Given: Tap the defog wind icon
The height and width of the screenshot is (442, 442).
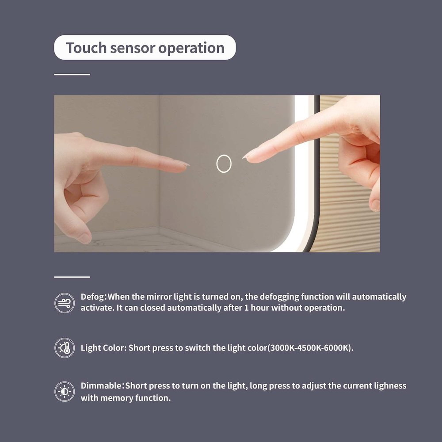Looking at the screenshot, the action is pyautogui.click(x=65, y=303).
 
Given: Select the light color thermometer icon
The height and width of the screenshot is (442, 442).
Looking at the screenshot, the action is pyautogui.click(x=65, y=348).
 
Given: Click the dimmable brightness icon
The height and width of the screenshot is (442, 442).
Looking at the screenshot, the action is pyautogui.click(x=65, y=392).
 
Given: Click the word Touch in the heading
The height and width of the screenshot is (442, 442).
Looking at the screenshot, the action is pyautogui.click(x=86, y=48).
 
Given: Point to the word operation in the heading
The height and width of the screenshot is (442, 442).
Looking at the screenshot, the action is pyautogui.click(x=191, y=48).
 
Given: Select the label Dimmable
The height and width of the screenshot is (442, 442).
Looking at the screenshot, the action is pyautogui.click(x=101, y=385).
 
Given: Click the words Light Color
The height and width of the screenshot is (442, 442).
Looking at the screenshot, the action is pyautogui.click(x=103, y=348).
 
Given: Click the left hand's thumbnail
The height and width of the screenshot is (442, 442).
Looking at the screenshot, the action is pyautogui.click(x=85, y=238).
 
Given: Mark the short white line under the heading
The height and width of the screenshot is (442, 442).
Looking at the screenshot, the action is pyautogui.click(x=72, y=74).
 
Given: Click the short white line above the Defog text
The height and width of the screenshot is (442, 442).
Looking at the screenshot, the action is pyautogui.click(x=72, y=277).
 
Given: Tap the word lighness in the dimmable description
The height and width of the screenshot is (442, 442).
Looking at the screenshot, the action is pyautogui.click(x=390, y=386).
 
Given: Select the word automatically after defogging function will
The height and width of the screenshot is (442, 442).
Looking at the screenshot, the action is pyautogui.click(x=379, y=297).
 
